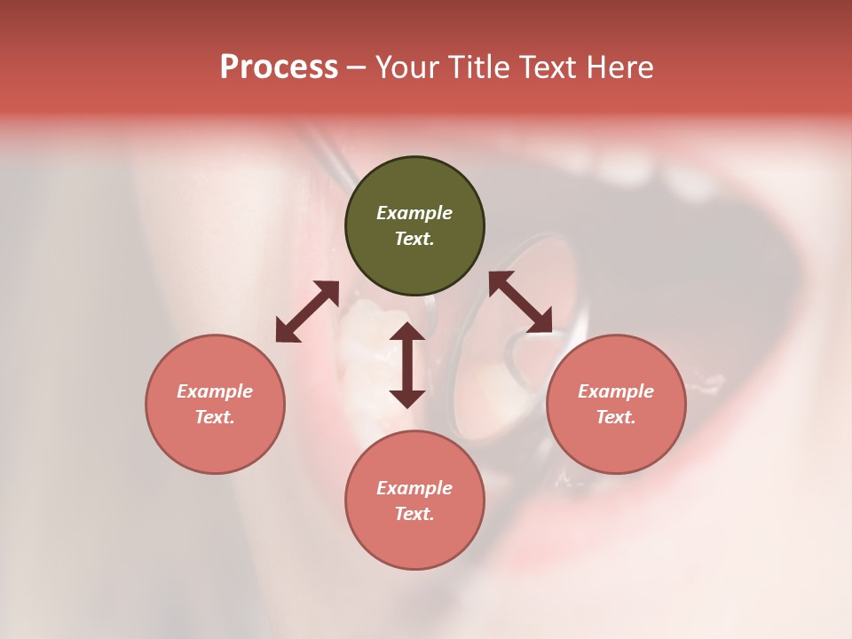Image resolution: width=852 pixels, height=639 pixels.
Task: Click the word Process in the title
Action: tap(279, 67)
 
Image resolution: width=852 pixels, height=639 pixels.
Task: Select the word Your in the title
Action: tap(407, 67)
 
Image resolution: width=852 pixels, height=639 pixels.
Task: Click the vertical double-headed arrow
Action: tap(407, 365)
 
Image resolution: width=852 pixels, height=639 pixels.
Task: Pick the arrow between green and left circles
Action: tap(307, 311)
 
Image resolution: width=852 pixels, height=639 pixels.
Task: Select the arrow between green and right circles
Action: tap(520, 302)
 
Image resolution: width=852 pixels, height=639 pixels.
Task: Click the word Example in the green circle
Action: tap(414, 213)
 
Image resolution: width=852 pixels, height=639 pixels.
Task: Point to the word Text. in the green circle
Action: tap(414, 239)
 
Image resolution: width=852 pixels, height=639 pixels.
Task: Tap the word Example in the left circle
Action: tap(215, 391)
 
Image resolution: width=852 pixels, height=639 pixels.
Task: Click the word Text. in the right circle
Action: tap(616, 417)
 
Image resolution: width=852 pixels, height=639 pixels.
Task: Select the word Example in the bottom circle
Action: tap(414, 488)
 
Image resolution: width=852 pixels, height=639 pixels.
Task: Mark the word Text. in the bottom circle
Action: tap(414, 514)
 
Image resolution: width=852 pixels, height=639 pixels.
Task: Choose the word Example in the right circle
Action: tap(616, 391)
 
